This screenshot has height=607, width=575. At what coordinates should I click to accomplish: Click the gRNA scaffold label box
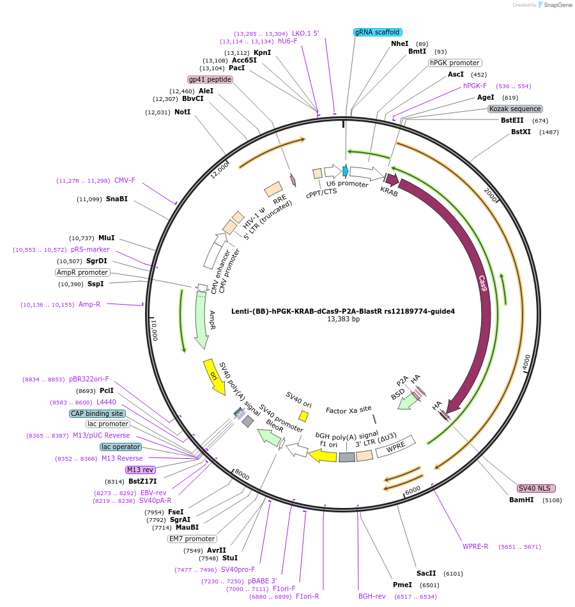point(377,32)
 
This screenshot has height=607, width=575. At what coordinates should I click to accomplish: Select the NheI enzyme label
point(399,43)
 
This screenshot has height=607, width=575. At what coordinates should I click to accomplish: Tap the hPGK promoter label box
point(455,63)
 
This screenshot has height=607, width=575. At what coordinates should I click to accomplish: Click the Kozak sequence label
point(515,109)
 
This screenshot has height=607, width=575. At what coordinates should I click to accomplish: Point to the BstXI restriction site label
point(521,132)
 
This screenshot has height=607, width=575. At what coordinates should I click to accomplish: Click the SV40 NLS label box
point(536,488)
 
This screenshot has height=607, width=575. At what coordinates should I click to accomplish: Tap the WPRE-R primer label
point(475,546)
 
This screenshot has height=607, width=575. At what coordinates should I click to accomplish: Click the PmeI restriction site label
point(402,585)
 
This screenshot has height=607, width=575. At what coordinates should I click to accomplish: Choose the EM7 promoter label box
point(192,539)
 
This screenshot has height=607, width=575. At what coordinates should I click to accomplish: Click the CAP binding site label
point(96,413)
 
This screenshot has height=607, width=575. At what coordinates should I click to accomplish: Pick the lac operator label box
point(121,447)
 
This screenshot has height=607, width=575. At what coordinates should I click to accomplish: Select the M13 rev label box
point(141,470)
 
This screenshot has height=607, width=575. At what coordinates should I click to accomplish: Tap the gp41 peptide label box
point(210,79)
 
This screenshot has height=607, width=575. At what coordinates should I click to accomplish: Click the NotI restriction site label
point(182,112)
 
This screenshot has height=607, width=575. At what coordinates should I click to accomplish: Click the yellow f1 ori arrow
point(323,455)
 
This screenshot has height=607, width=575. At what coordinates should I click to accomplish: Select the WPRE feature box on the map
point(395,449)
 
